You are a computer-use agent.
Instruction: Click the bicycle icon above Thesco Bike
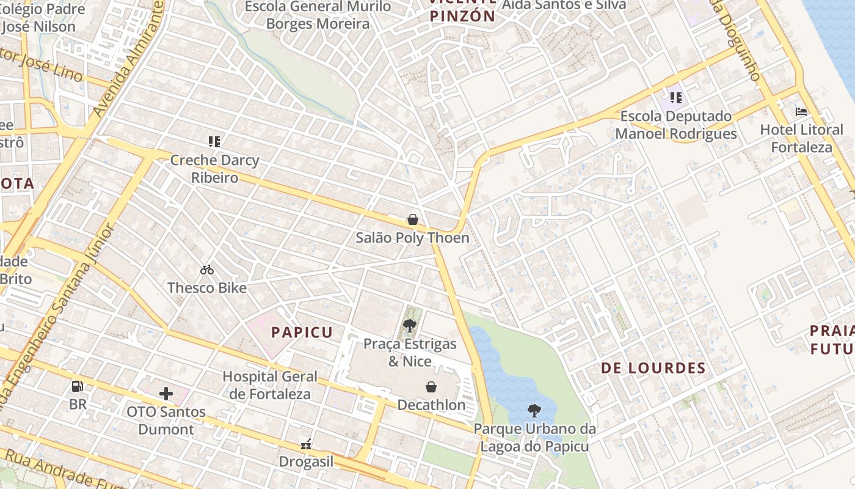pos(207,270)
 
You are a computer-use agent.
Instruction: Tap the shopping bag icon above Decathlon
pos(431,387)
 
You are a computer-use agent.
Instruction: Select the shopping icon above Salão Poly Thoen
pos(413,219)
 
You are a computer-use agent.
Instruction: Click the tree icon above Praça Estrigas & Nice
pos(410,326)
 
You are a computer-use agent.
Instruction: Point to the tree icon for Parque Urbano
pos(534,411)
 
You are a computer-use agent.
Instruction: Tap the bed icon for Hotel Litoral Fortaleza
pos(801,112)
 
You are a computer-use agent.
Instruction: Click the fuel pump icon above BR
pos(78,386)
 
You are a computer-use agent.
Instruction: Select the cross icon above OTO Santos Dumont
pos(166,394)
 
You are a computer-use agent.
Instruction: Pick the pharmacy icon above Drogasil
pos(306,444)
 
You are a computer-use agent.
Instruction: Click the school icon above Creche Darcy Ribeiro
pos(214,142)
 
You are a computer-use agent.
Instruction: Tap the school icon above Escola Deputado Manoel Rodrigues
pos(675,98)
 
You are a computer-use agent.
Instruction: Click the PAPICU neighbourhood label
pos(302,333)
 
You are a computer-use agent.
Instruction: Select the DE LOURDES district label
pos(653,368)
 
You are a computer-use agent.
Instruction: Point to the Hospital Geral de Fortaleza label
pos(270,385)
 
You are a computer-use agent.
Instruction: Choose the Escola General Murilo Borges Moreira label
pos(318,15)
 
